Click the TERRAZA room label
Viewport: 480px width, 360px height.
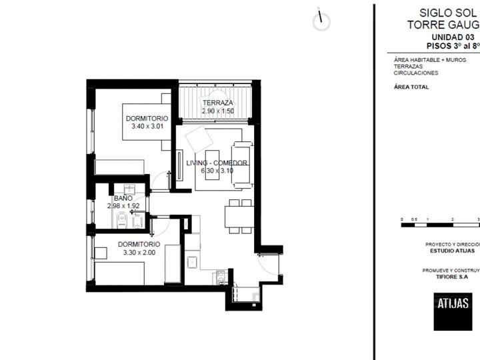[218, 103]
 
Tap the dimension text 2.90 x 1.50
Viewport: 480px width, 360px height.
[218, 111]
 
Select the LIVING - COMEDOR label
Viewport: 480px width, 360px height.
[217, 163]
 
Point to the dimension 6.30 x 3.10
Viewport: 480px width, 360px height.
[217, 171]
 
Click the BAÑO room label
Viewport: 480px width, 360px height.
[123, 199]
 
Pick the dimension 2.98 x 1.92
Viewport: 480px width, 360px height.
[123, 207]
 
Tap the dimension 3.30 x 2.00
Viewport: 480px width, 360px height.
[139, 253]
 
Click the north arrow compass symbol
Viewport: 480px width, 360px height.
[321, 21]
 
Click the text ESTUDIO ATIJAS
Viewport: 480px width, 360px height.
[452, 251]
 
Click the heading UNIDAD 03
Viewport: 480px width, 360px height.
[453, 37]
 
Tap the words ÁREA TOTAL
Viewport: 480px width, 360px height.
[411, 87]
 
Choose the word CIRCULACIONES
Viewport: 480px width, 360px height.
[416, 73]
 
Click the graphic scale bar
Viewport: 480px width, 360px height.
[440, 225]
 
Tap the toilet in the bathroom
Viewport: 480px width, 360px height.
[121, 220]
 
